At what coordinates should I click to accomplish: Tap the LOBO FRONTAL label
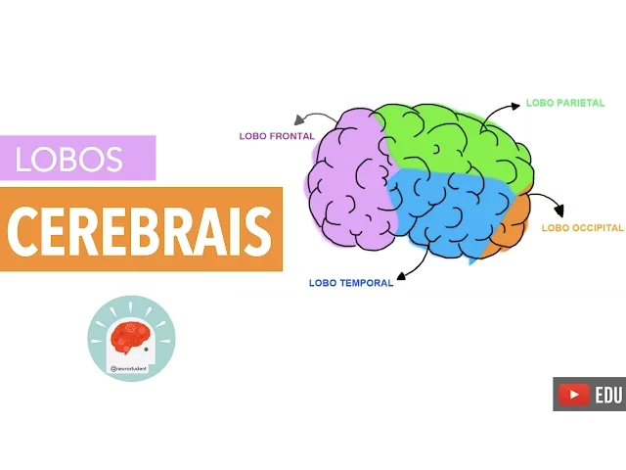coord(277,136)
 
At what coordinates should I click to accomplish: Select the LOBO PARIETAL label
coord(565,103)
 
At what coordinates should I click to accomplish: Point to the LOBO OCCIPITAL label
coord(582,228)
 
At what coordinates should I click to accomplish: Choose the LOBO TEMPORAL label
coord(350,283)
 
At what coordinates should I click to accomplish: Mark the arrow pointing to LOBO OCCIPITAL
coord(551,203)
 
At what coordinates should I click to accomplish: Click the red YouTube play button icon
coord(573,394)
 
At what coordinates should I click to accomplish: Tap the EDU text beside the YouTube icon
coord(607,394)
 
